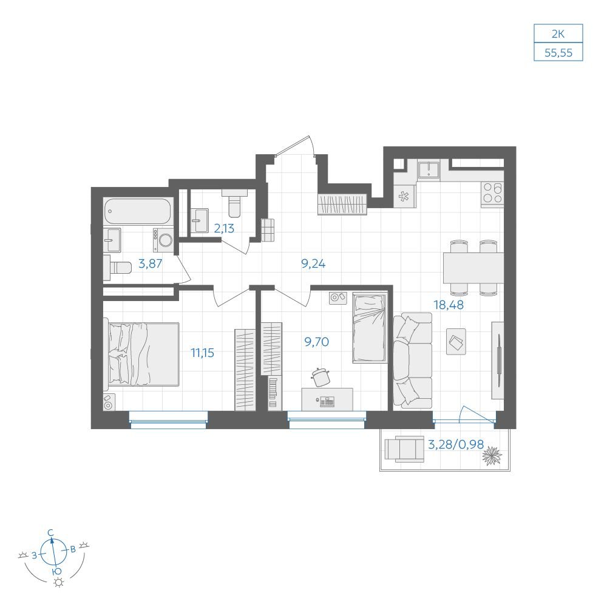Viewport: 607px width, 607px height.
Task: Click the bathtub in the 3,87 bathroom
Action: click(x=138, y=211)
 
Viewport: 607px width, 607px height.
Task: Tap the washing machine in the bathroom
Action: click(x=163, y=240)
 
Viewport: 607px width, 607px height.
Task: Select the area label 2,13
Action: click(x=224, y=228)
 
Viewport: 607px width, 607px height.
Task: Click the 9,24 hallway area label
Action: click(x=313, y=263)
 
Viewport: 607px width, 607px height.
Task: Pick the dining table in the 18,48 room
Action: click(x=473, y=268)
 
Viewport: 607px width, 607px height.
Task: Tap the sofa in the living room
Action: click(x=412, y=361)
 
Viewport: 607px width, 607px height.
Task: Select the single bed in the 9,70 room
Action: click(x=370, y=328)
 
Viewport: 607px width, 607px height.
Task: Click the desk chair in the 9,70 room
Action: click(x=320, y=377)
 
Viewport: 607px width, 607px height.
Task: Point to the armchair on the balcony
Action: click(x=404, y=449)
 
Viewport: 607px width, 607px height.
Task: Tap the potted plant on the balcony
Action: click(x=492, y=456)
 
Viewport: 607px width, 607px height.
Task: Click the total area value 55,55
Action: click(x=558, y=52)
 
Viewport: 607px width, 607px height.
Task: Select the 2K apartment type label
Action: click(x=558, y=34)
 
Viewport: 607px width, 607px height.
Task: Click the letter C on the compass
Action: click(x=50, y=533)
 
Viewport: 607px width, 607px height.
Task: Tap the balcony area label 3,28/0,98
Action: click(x=456, y=444)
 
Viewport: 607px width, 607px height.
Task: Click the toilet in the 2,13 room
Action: click(x=234, y=203)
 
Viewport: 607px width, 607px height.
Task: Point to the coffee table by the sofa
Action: click(x=456, y=341)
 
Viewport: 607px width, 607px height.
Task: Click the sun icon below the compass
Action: click(x=58, y=582)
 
